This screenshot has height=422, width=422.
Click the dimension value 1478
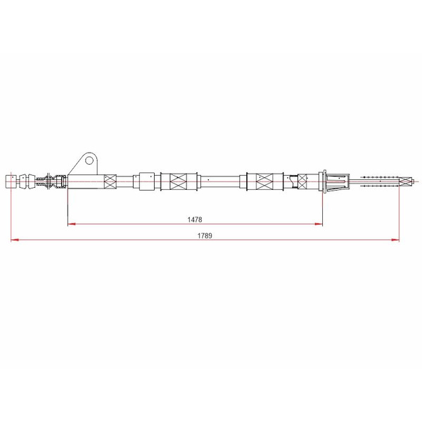(195, 219)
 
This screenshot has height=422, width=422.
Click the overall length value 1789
(205, 236)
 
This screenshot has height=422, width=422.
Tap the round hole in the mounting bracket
(89, 160)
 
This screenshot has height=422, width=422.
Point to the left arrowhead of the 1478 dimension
(71, 224)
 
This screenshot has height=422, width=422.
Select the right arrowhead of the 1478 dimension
(319, 224)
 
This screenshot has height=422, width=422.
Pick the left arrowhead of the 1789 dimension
(15, 240)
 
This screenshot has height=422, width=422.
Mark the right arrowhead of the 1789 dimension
(395, 240)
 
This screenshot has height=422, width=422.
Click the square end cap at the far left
(11, 181)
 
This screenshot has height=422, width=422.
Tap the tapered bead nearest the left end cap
(23, 181)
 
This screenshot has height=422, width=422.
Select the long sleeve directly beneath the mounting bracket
(86, 181)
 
